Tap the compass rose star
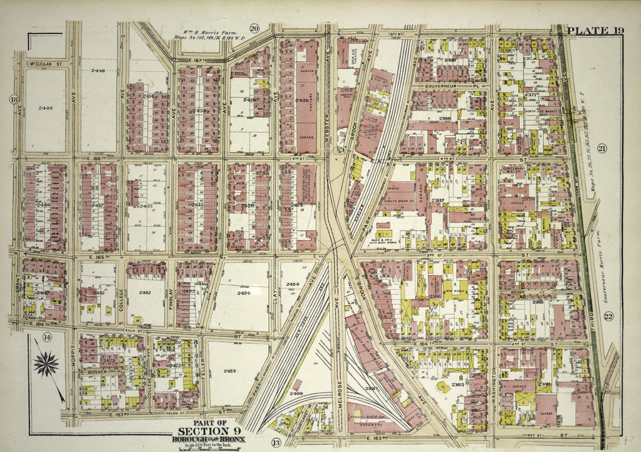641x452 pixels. pos(46,364)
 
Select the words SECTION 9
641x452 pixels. pos(209,431)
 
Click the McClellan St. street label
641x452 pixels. pos(48,63)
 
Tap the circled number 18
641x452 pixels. pos(13,100)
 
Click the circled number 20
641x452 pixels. pos(254,28)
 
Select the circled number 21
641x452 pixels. pos(602,149)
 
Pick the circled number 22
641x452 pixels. pos(608,317)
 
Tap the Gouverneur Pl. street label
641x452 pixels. pos(443,87)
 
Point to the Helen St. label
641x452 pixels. pos(172,413)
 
